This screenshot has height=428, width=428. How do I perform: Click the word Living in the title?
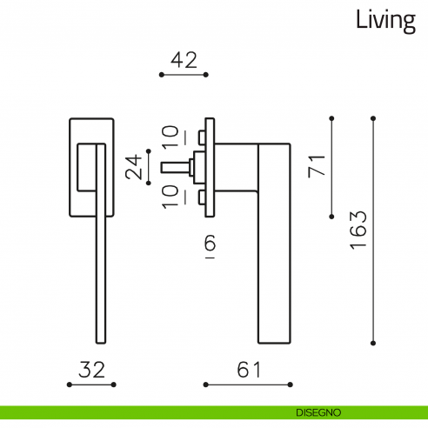385,21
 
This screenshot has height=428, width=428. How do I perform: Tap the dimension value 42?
184,60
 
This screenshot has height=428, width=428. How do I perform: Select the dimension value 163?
358,230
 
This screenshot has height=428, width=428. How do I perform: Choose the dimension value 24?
133,166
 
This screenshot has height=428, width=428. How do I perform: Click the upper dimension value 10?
171,137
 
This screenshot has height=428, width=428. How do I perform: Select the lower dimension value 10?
171,195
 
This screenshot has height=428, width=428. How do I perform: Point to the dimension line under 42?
184,76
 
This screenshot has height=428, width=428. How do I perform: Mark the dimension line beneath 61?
248,384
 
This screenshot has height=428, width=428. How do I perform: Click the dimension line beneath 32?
91,384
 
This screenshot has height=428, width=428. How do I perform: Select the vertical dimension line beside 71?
332,166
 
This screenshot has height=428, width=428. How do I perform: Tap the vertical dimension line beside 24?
150,166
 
